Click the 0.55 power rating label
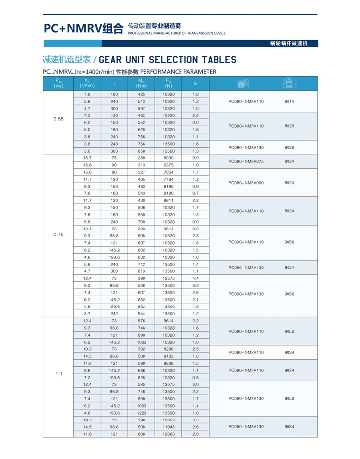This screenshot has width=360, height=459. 58,119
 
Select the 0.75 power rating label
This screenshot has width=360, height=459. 58,234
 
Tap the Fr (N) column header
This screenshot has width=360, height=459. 169,83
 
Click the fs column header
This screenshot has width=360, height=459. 195,83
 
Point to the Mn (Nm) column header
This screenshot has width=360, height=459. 141,83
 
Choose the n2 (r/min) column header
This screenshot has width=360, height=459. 87,83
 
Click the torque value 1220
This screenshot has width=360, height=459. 142,413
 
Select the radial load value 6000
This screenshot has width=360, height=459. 169,158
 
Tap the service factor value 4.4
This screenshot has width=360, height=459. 195,278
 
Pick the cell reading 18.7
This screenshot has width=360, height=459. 87,158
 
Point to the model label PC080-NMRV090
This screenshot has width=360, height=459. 247,183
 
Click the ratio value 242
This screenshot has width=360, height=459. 114,314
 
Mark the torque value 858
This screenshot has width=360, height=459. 142,151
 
